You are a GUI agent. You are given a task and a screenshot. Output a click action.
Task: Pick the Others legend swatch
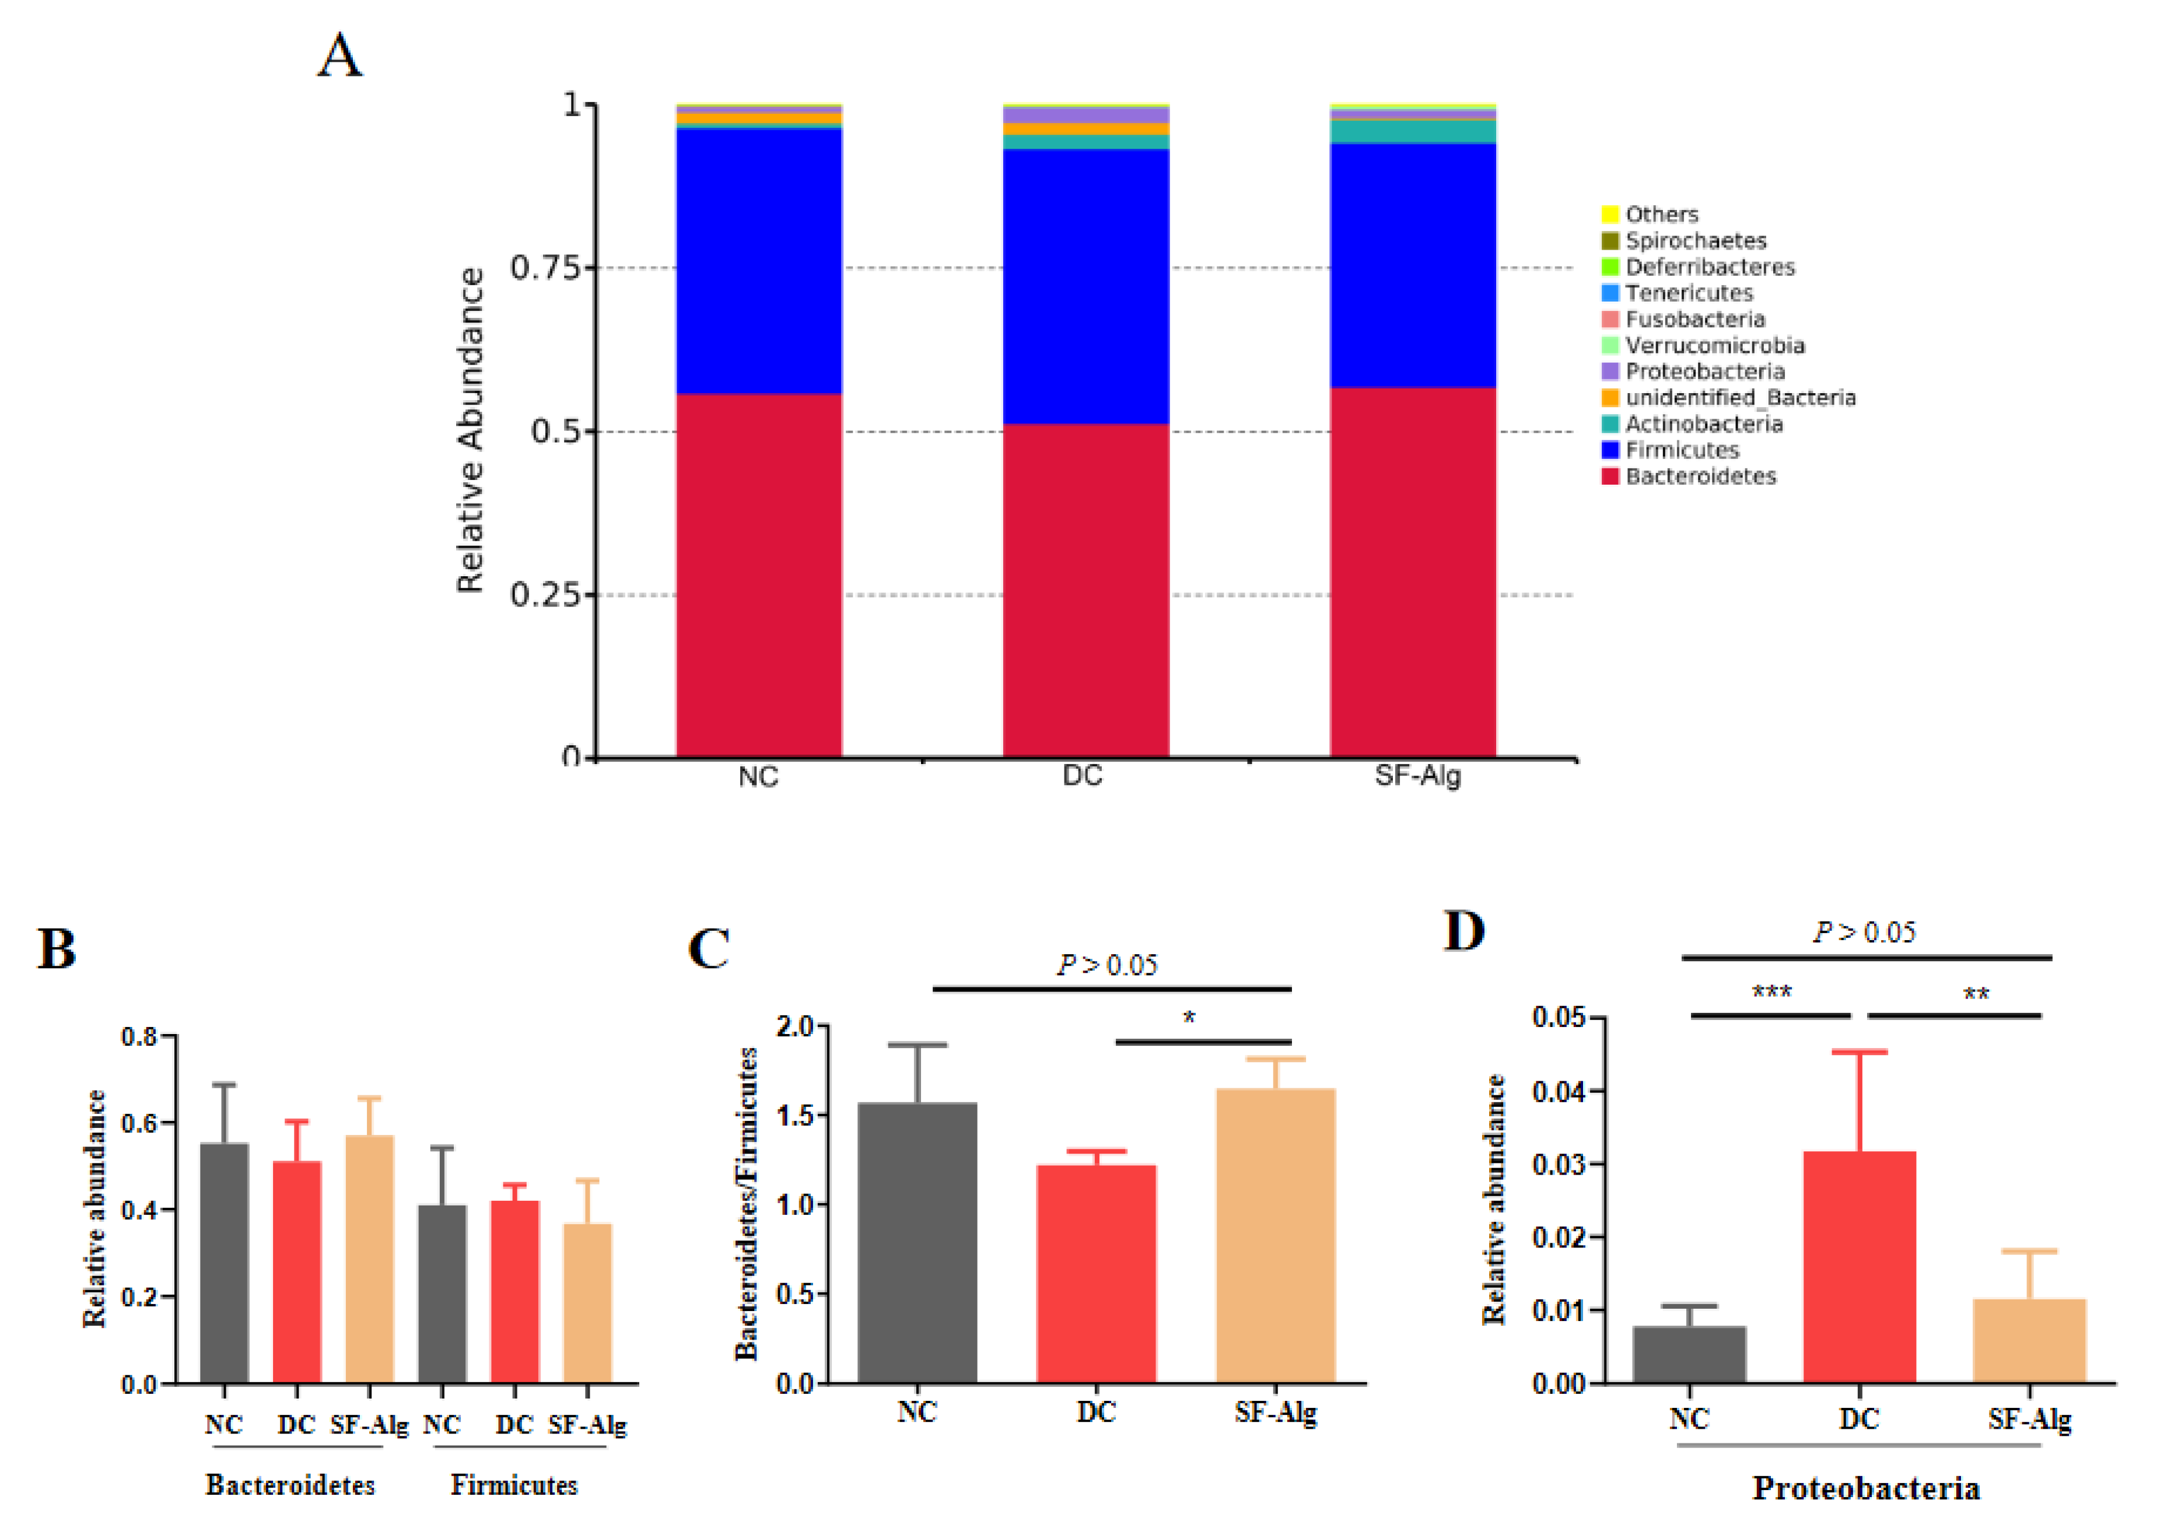point(1609,215)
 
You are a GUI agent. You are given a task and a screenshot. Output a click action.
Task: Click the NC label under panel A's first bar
point(758,777)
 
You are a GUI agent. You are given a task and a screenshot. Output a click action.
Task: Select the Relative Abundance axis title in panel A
point(470,430)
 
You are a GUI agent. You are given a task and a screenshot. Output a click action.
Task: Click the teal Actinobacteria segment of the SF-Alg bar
point(1412,131)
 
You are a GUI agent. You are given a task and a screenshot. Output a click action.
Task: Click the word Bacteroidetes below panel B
point(290,1485)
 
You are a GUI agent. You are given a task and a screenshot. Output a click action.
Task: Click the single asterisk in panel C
point(1189,1018)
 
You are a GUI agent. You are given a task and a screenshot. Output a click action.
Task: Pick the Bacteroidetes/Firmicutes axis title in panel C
point(747,1203)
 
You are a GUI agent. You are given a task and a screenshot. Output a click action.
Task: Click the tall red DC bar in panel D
point(1858,1267)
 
